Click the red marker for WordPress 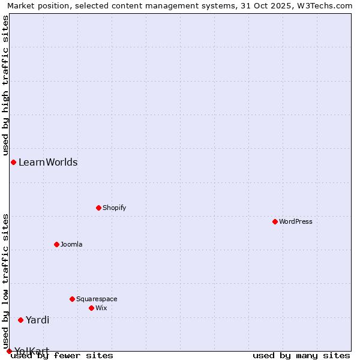(x=275, y=221)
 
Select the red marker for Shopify (x=98, y=208)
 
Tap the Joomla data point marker (x=56, y=244)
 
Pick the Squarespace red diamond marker (x=72, y=299)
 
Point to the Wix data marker (x=91, y=308)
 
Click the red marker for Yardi (x=20, y=320)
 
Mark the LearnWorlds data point (x=13, y=162)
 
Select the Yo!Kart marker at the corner (x=9, y=351)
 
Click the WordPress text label (x=296, y=221)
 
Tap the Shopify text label (x=114, y=208)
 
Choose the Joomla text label (x=71, y=244)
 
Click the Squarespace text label (x=97, y=299)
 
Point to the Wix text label (x=101, y=308)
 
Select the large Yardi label (x=37, y=320)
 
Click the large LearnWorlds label (x=48, y=162)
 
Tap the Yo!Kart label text (x=32, y=350)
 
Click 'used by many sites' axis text (x=301, y=356)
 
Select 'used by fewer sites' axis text (x=62, y=356)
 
